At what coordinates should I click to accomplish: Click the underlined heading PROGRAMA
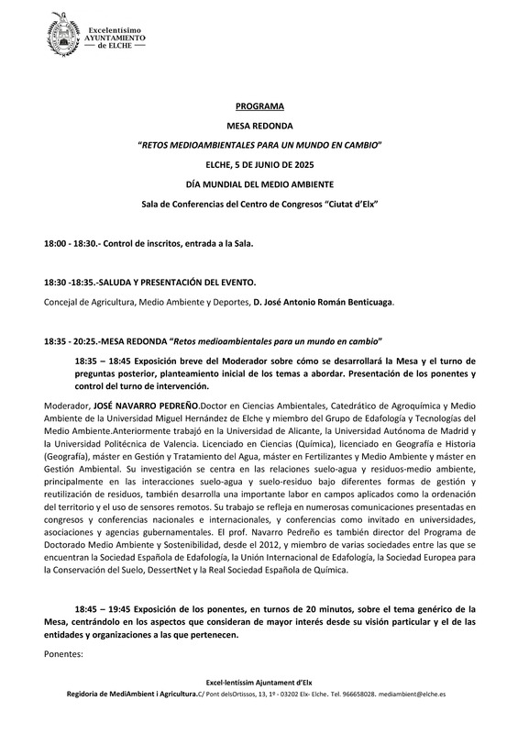pos(259,106)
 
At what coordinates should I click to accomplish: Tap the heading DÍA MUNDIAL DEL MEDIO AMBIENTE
pos(259,183)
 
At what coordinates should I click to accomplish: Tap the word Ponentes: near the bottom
pos(63,654)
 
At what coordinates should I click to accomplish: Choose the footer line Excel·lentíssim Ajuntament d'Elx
pos(259,682)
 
